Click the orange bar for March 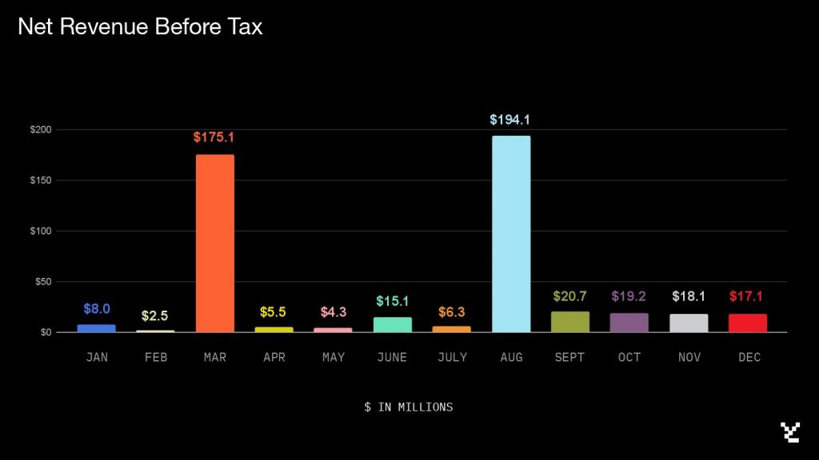[215, 244]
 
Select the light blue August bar [511, 234]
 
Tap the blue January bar [97, 328]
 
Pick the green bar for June [393, 325]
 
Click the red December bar [748, 323]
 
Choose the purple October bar [629, 323]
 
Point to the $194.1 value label [510, 120]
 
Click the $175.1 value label [214, 137]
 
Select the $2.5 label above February [154, 316]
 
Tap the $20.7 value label [569, 296]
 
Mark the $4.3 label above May [334, 312]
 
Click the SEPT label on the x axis [569, 358]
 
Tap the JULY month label [452, 358]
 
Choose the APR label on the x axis [274, 358]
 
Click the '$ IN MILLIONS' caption [409, 407]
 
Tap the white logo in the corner [790, 432]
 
